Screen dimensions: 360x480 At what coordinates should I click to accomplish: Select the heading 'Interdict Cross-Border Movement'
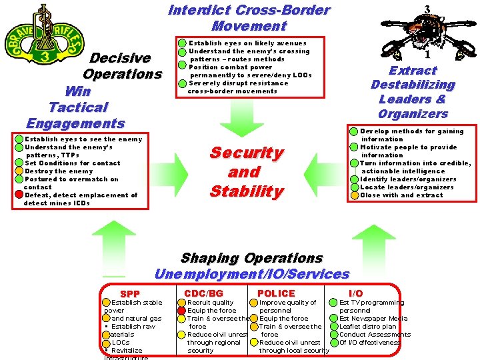pyautogui.click(x=249, y=18)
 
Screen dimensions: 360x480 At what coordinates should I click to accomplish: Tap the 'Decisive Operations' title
pyautogui.click(x=122, y=66)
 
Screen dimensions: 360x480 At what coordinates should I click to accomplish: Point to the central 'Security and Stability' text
pyautogui.click(x=246, y=172)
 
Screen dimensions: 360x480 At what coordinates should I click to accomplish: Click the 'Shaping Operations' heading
pyautogui.click(x=251, y=258)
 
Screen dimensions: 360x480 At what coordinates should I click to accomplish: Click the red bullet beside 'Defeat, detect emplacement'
pyautogui.click(x=19, y=195)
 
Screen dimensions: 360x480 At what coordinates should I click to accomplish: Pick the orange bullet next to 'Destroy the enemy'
pyautogui.click(x=19, y=171)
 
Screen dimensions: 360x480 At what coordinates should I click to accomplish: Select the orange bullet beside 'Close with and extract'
pyautogui.click(x=354, y=195)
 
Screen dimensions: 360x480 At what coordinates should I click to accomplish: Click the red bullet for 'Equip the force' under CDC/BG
pyautogui.click(x=181, y=311)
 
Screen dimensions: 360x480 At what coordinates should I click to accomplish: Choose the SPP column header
pyautogui.click(x=130, y=294)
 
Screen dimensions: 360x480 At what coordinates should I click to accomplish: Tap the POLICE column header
pyautogui.click(x=275, y=293)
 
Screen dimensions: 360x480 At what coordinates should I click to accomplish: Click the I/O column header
pyautogui.click(x=356, y=293)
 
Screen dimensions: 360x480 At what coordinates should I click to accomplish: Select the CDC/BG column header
pyautogui.click(x=203, y=293)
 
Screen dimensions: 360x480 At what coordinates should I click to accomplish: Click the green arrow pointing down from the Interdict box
pyautogui.click(x=233, y=120)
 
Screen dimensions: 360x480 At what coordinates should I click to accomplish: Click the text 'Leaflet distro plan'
pyautogui.click(x=368, y=327)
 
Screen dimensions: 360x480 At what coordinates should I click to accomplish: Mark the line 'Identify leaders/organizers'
pyautogui.click(x=408, y=179)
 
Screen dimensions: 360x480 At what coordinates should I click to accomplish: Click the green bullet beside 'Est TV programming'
pyautogui.click(x=333, y=303)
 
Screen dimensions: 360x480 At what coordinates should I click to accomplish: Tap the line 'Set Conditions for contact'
pyautogui.click(x=73, y=163)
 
